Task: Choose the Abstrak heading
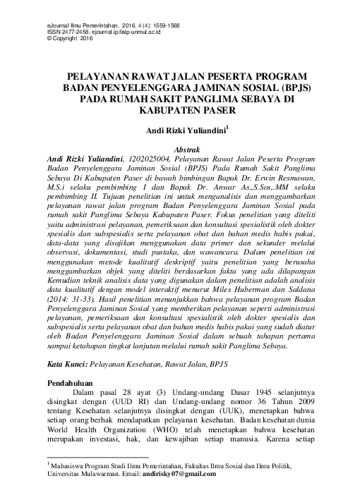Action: click(x=181, y=150)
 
